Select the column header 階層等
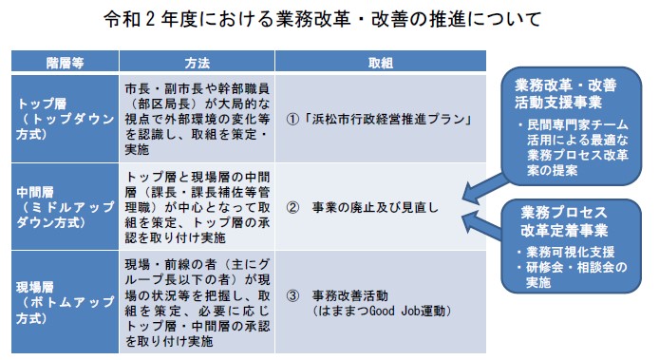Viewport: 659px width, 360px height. click(x=65, y=62)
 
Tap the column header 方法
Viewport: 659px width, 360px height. click(x=198, y=62)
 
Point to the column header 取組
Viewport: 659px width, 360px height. click(x=381, y=62)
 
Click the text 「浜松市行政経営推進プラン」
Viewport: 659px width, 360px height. click(x=387, y=120)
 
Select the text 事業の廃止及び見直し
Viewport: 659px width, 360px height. click(x=375, y=204)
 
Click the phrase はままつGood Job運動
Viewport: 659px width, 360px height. click(x=379, y=311)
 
